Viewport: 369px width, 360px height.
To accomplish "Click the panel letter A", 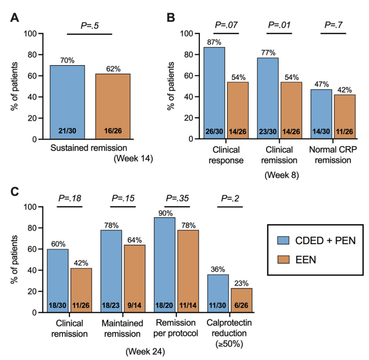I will click(16, 19).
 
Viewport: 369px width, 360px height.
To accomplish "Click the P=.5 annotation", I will click(89, 25).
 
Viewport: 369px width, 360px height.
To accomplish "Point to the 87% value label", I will click(213, 42).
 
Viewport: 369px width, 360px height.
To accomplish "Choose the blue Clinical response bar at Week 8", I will click(214, 93).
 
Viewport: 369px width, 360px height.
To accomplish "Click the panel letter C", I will click(16, 193).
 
